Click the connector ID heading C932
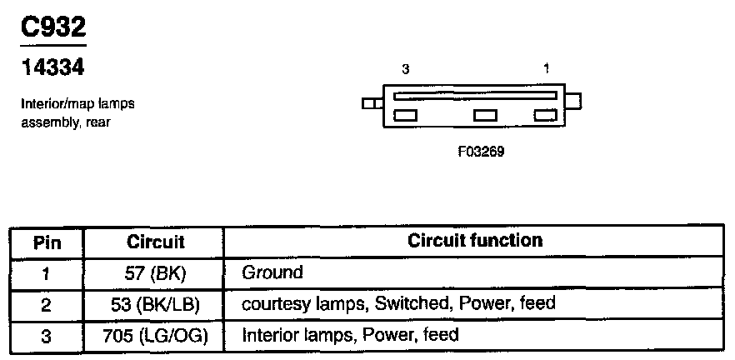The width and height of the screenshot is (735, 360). (52, 28)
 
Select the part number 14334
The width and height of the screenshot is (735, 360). (52, 67)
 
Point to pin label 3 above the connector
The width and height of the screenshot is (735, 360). (405, 70)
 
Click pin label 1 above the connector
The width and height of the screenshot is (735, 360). (546, 70)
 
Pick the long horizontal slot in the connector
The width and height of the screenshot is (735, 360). (474, 96)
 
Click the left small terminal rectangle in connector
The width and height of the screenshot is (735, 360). (405, 116)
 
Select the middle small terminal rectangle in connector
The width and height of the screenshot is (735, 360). (485, 116)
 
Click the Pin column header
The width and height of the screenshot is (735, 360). (47, 242)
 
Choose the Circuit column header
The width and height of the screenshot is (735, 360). (155, 242)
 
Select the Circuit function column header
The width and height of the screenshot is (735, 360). (475, 241)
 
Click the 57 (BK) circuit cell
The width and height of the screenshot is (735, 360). (155, 272)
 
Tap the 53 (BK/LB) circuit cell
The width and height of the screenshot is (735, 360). (155, 304)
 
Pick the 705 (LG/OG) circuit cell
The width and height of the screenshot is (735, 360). (155, 336)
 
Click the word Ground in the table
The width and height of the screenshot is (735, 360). (272, 272)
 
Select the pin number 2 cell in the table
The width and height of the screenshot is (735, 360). (47, 304)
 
